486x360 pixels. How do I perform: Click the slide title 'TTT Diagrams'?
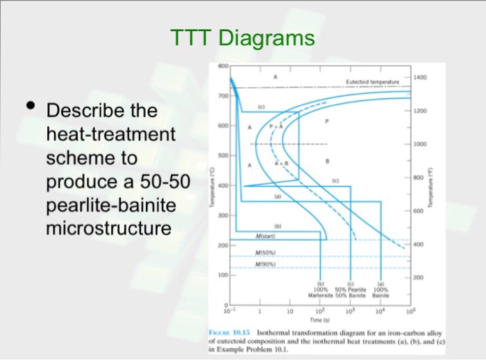coord(242,38)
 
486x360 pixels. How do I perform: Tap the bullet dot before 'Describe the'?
coord(29,106)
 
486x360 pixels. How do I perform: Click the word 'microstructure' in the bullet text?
coord(108,228)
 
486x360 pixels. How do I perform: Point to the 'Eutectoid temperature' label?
coord(371,81)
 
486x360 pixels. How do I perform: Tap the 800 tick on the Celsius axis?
coord(221,65)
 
